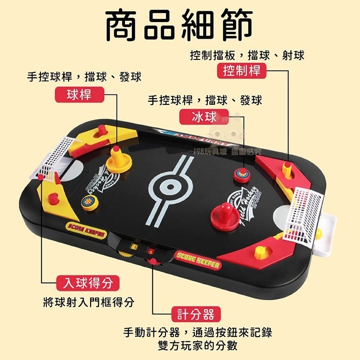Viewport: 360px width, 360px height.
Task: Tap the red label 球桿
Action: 79,95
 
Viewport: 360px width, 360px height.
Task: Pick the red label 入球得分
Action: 88,283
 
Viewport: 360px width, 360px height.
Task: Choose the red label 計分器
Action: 196,314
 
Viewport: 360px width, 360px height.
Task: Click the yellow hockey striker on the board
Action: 119,160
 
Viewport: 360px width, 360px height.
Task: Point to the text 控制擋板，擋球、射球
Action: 247,55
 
